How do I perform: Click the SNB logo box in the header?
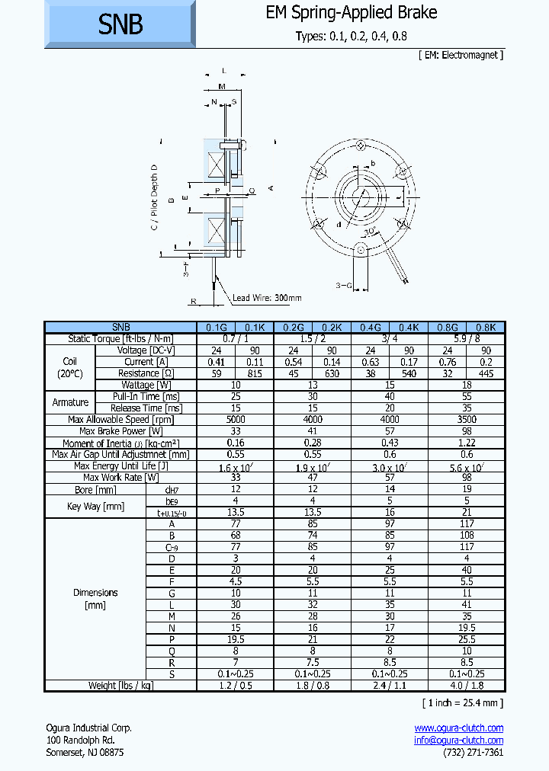pyautogui.click(x=120, y=24)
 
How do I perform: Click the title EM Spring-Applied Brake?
pyautogui.click(x=352, y=13)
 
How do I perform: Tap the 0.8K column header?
pyautogui.click(x=486, y=327)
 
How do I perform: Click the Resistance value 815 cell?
pyautogui.click(x=255, y=373)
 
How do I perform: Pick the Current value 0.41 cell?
pyautogui.click(x=216, y=362)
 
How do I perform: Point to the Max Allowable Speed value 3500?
pyautogui.click(x=467, y=420)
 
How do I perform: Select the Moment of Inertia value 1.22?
pyautogui.click(x=467, y=443)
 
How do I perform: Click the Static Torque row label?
pyautogui.click(x=120, y=339)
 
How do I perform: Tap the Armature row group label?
pyautogui.click(x=70, y=402)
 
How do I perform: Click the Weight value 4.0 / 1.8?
pyautogui.click(x=467, y=686)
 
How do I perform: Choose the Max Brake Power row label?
pyautogui.click(x=120, y=431)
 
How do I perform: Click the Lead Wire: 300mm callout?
pyautogui.click(x=267, y=298)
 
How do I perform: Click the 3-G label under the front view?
pyautogui.click(x=345, y=286)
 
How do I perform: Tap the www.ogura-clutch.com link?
pyautogui.click(x=458, y=728)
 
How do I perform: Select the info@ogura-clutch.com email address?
pyautogui.click(x=458, y=740)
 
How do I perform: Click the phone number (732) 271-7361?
pyautogui.click(x=473, y=752)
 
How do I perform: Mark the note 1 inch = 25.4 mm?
pyautogui.click(x=462, y=702)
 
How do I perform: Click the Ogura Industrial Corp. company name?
pyautogui.click(x=89, y=728)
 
